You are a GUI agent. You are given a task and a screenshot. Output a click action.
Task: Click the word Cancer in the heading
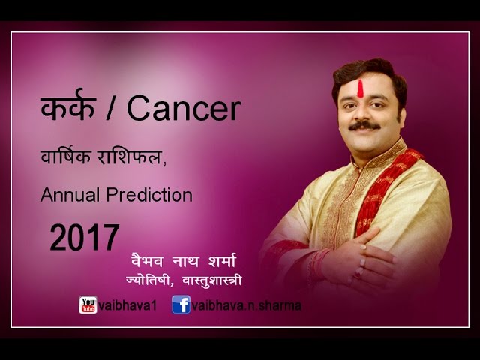(184, 109)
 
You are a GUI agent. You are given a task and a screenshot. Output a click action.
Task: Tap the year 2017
(85, 239)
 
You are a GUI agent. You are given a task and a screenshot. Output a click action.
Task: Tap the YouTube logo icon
(88, 304)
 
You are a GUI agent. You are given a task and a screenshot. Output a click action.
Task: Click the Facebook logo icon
(180, 304)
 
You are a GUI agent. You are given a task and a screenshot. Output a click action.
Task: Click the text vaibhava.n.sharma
(238, 305)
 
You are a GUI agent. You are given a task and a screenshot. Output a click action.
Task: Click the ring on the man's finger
(363, 260)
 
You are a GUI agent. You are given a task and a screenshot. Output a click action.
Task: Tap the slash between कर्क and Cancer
(112, 110)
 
